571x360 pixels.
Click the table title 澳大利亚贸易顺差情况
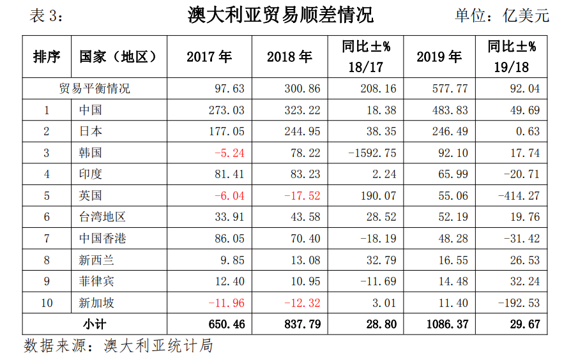tap(281, 15)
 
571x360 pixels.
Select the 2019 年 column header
tap(439, 57)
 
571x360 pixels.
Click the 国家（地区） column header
tap(118, 57)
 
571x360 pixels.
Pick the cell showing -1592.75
tap(372, 153)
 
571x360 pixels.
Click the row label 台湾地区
tap(102, 217)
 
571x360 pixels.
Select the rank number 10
tap(47, 303)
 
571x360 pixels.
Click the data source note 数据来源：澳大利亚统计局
tap(118, 346)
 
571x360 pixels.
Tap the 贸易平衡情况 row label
tap(94, 89)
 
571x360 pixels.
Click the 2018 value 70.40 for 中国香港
tap(302, 239)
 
